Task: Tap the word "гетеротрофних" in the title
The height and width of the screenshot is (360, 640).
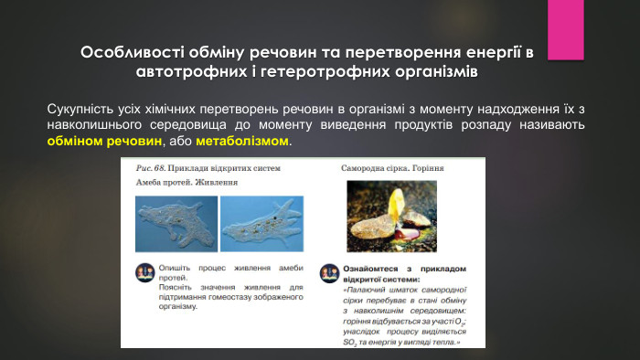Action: click(336, 69)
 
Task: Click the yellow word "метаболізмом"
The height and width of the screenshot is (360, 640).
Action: click(241, 143)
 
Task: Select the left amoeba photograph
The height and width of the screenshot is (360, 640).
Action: click(175, 225)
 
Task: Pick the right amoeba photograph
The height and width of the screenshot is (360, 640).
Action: click(261, 225)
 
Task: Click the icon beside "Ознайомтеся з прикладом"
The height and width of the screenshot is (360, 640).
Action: click(328, 273)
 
